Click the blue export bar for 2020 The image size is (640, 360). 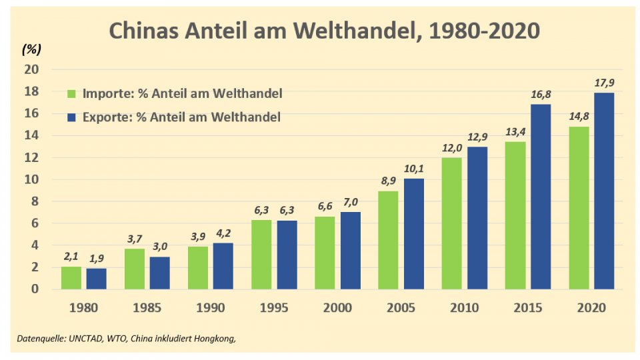pyautogui.click(x=603, y=191)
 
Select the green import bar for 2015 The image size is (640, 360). pyautogui.click(x=515, y=215)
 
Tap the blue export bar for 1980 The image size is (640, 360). pyautogui.click(x=96, y=279)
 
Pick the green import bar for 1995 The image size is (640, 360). pyautogui.click(x=261, y=255)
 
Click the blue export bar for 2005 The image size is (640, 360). pyautogui.click(x=413, y=233)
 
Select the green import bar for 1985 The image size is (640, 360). pyautogui.click(x=135, y=269)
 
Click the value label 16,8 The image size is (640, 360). pyautogui.click(x=541, y=95)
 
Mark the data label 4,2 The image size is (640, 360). pyautogui.click(x=223, y=234)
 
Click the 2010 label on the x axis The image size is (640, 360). pyautogui.click(x=465, y=308)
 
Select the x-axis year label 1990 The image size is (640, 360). pyautogui.click(x=211, y=308)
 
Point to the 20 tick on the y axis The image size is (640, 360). pyautogui.click(x=33, y=69)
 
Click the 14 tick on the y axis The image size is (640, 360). pyautogui.click(x=33, y=135)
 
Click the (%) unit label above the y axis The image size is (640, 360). pyautogui.click(x=31, y=49)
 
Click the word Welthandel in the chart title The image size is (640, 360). pyautogui.click(x=345, y=31)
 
